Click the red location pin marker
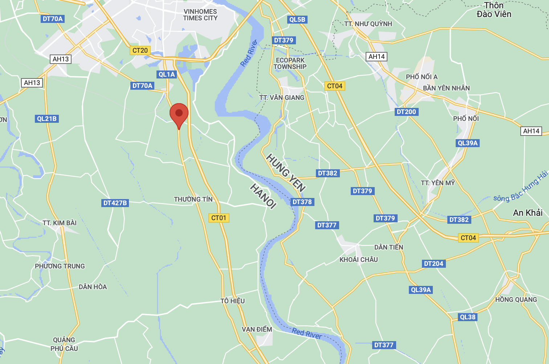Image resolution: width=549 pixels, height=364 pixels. pos(179,114)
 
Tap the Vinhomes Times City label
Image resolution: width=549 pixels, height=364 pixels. pos(200,15)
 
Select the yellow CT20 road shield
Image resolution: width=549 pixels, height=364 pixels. pos(140,50)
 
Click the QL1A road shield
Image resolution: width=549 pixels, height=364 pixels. pos(167,74)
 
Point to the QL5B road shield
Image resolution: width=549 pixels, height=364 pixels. pos(297,20)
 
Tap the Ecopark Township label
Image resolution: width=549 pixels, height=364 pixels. pos(290,64)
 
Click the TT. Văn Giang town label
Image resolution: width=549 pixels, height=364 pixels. pos(282,97)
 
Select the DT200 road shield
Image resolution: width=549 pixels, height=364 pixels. pos(406,112)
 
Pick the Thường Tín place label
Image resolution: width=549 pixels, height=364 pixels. pos(193,199)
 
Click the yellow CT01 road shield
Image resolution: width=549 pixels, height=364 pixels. pos(219,218)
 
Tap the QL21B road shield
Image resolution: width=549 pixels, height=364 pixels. pos(47,119)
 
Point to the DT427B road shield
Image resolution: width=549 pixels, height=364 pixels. pos(115,203)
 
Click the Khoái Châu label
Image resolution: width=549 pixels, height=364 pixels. pos(358,259)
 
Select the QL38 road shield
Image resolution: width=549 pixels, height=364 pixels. pos(467,317)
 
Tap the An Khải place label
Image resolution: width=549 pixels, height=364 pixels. pos(528,213)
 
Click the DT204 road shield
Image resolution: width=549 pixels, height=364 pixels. pos(434,264)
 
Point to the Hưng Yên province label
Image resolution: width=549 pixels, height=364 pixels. pos(286,173)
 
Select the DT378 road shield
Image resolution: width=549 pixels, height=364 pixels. pos(302,202)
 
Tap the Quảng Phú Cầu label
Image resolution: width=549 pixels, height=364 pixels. pos(64,344)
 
